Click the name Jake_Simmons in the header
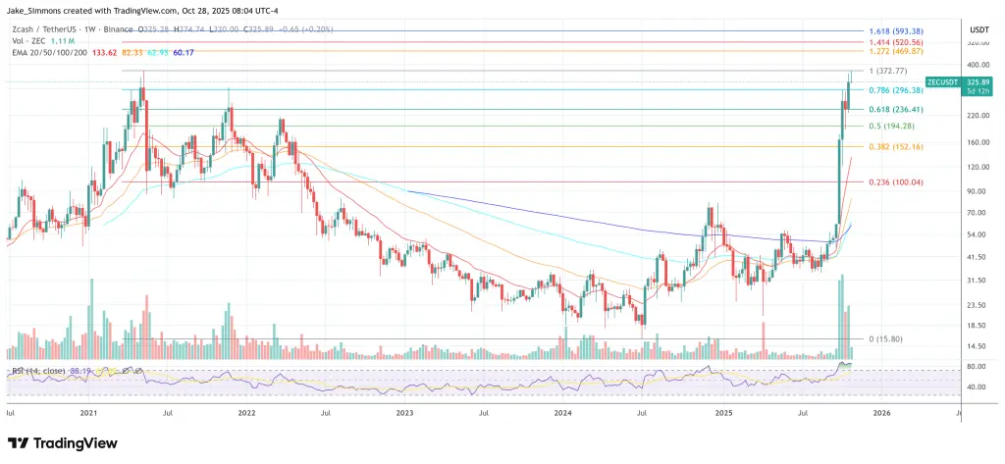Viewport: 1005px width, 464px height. [x=33, y=9]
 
